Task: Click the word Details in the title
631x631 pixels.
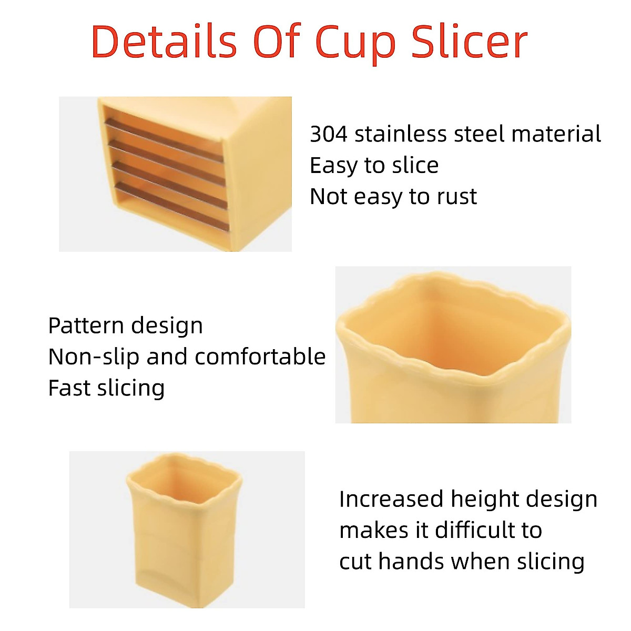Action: tap(164, 42)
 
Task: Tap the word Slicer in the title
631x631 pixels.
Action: tap(469, 42)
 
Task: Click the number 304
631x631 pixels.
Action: tap(329, 134)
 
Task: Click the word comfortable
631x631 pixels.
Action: tap(260, 357)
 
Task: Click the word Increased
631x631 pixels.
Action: tap(391, 499)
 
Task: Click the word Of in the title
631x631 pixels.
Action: tap(277, 42)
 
